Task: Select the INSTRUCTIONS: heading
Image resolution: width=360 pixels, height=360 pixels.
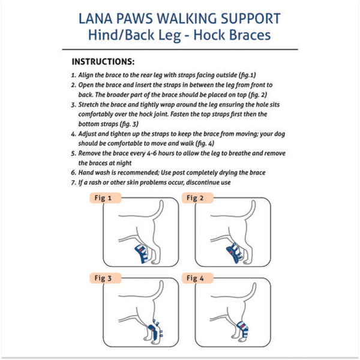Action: coord(103,62)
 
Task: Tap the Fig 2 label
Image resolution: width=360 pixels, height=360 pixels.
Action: coord(196,198)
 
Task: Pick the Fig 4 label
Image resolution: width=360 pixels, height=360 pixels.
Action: coord(196,278)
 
